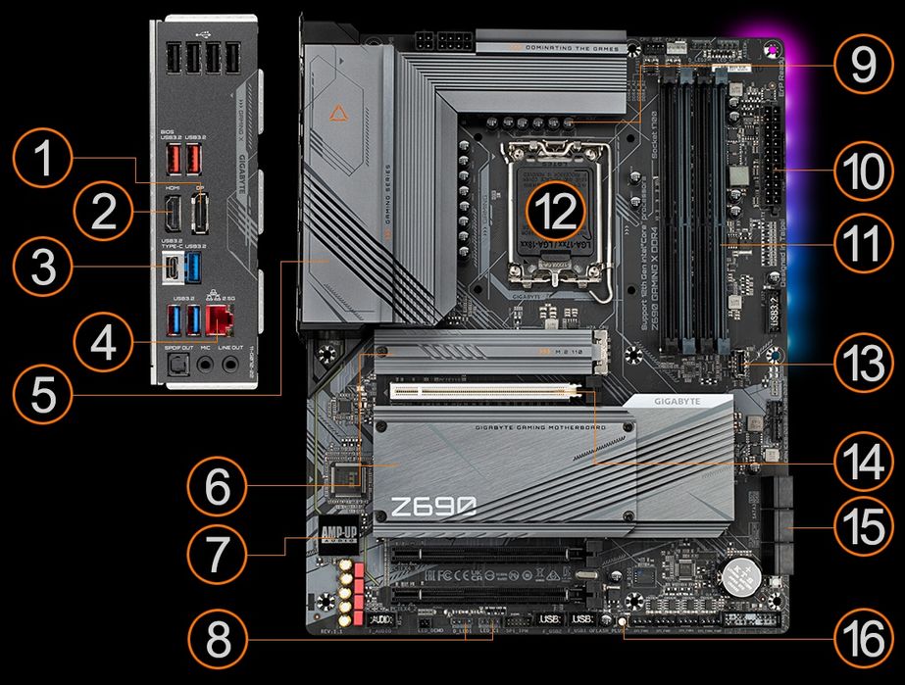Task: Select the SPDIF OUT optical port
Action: (178, 366)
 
